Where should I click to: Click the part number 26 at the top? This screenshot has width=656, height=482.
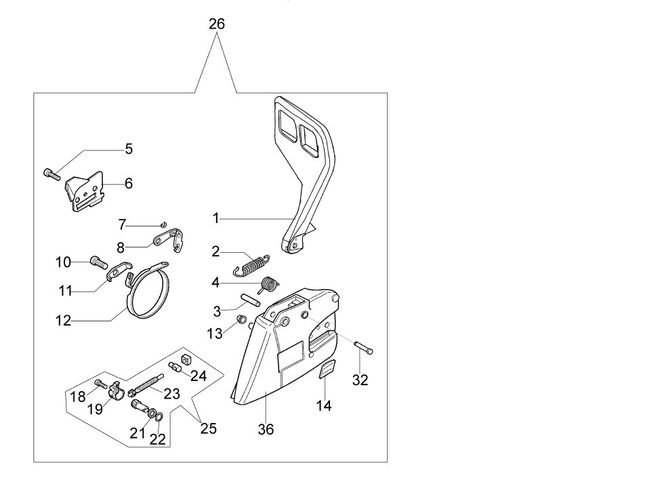(x=216, y=24)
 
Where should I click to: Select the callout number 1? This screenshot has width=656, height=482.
(x=216, y=218)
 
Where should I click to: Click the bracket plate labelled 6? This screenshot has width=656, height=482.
(x=85, y=193)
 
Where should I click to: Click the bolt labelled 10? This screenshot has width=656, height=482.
(x=99, y=261)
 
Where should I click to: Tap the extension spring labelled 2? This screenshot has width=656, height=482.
(x=252, y=264)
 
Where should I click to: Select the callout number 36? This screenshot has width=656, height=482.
(x=266, y=430)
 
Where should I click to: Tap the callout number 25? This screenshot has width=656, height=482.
(x=208, y=429)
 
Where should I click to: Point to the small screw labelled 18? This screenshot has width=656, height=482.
(x=100, y=384)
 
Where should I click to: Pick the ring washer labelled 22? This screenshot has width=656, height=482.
(x=156, y=416)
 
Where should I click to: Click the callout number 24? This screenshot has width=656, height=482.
(x=199, y=375)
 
